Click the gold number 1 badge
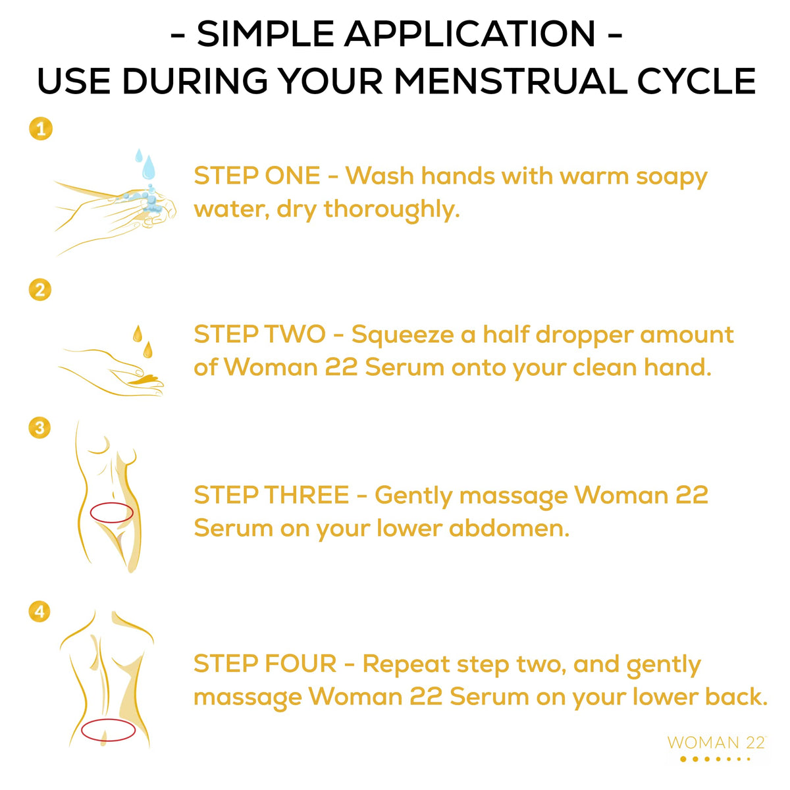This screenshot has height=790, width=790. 41,129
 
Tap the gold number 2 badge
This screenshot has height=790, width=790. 40,290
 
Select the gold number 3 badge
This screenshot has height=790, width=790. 39,428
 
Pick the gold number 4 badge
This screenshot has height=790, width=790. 39,612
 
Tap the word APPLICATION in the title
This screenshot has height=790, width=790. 469,34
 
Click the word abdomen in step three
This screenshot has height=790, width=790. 509,529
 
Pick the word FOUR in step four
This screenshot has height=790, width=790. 300,664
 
